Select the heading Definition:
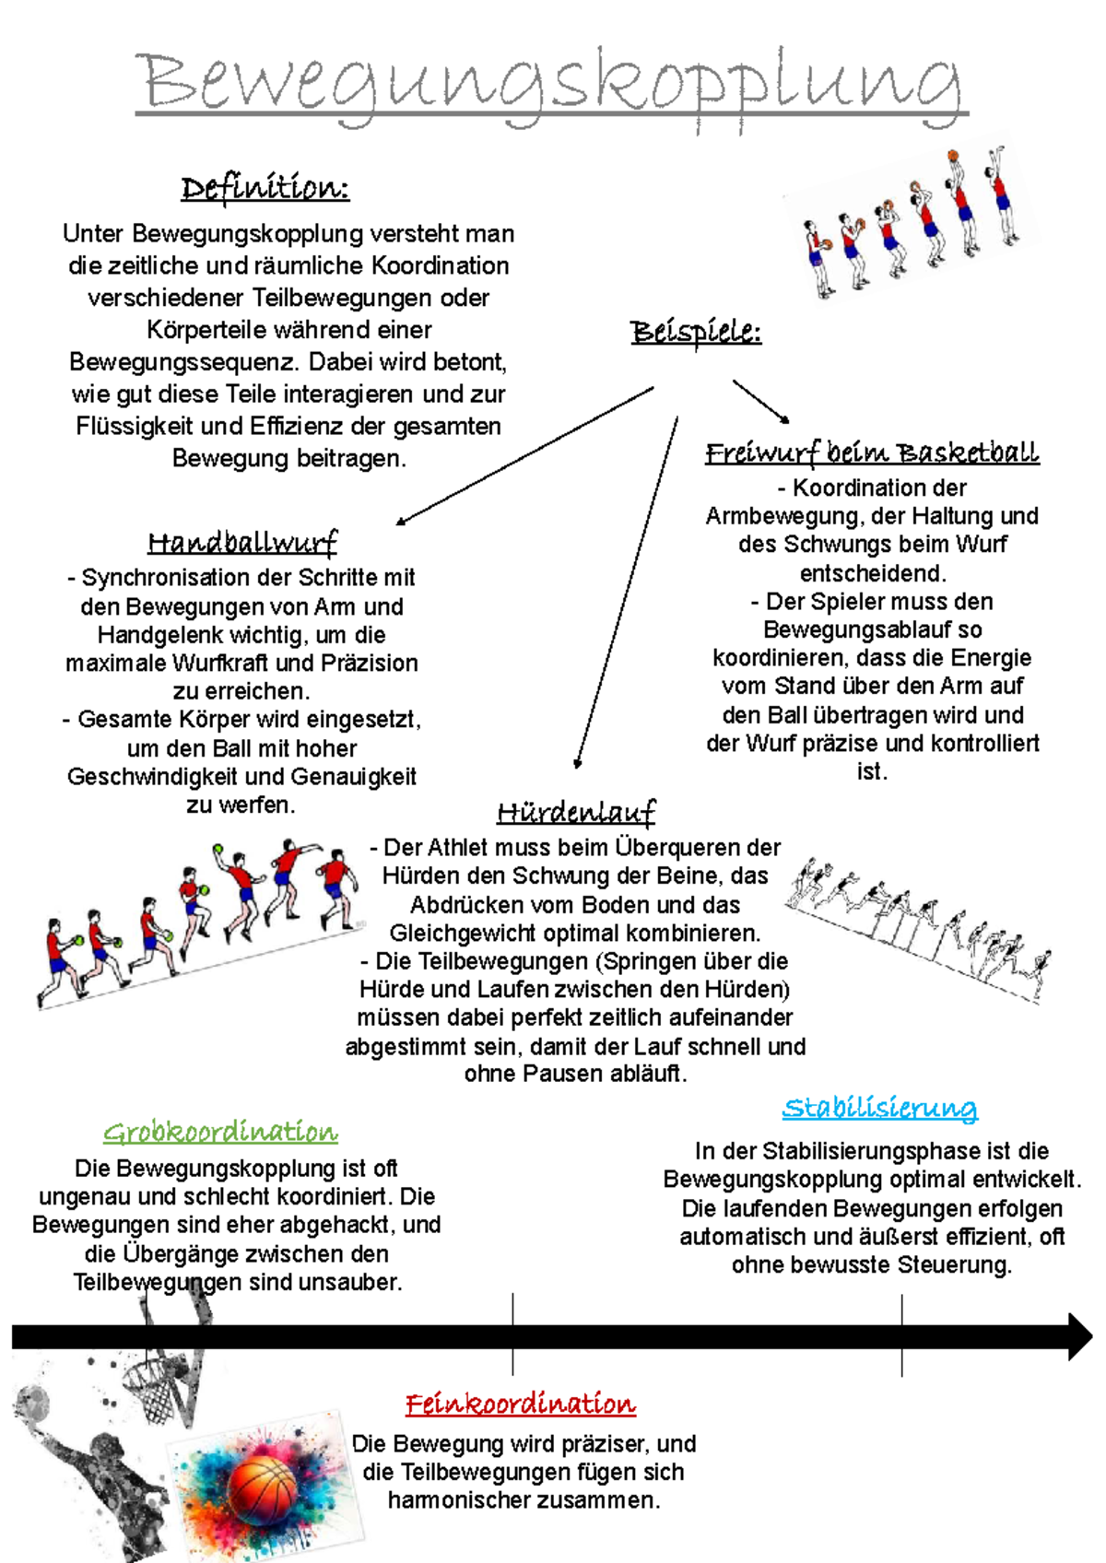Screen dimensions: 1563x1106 (265, 188)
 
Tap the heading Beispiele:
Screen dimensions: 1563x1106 (696, 332)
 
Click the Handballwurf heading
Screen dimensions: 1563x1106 (242, 542)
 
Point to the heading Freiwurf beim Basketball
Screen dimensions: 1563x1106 (872, 452)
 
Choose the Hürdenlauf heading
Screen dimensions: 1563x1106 (576, 812)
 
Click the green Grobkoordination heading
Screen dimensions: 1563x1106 (220, 1132)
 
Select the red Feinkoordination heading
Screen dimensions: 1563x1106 (521, 1404)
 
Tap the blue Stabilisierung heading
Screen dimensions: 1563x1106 (879, 1108)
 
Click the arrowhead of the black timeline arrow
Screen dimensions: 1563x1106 (1078, 1337)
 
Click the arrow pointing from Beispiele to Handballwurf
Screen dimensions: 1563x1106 (525, 455)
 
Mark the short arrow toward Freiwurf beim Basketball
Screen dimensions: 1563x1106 (761, 402)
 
